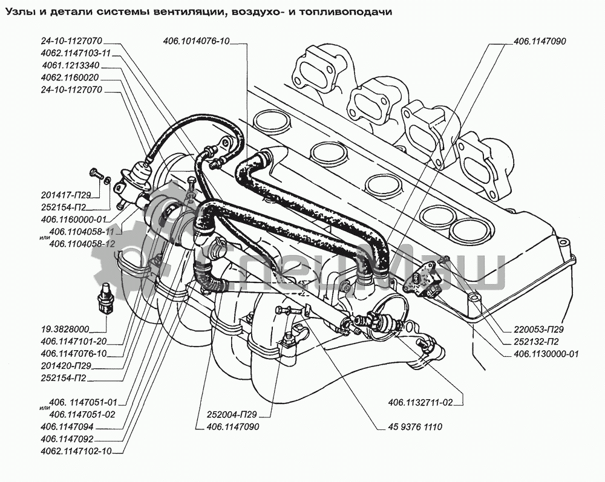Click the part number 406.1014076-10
196,41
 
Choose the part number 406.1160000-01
78,219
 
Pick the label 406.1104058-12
82,243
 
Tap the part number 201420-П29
67,366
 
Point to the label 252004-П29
227,415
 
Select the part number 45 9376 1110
412,427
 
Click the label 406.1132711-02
426,402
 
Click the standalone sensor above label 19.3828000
106,297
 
